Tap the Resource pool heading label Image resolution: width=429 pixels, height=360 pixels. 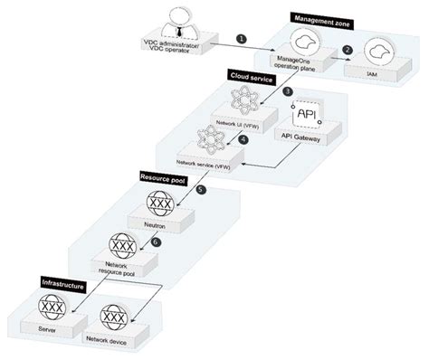163,177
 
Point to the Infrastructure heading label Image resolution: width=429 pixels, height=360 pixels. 59,284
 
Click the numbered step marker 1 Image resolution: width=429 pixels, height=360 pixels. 240,38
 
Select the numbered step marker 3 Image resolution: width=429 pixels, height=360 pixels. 286,91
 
